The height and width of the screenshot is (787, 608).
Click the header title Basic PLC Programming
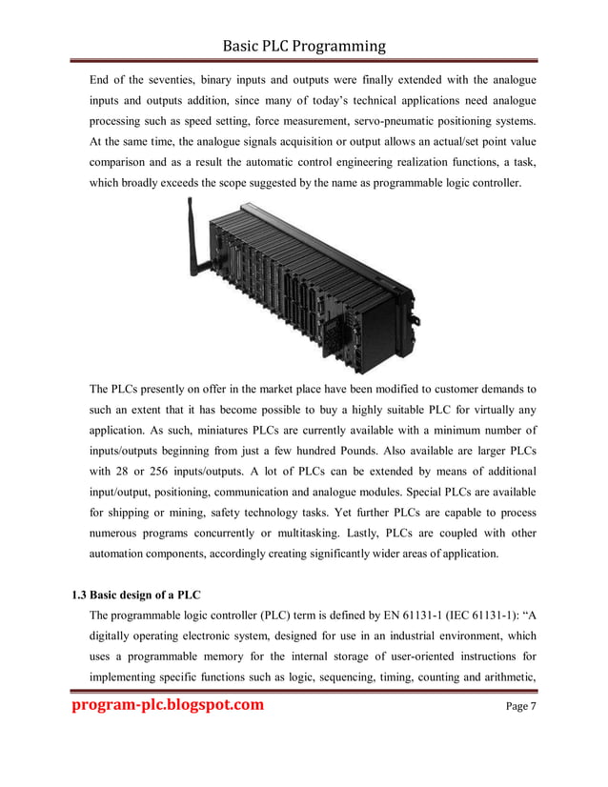[304, 46]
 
